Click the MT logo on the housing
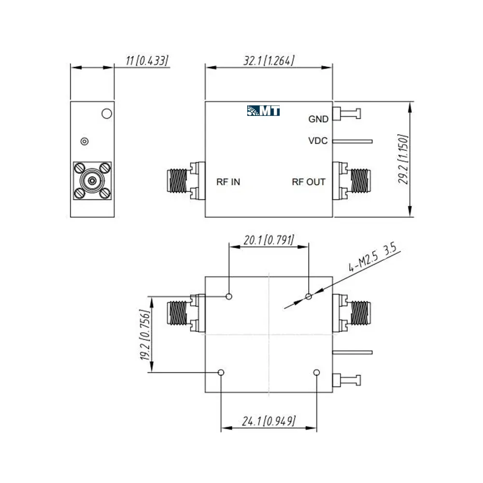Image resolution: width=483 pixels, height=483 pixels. (x=263, y=111)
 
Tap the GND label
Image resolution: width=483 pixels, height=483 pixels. (x=318, y=119)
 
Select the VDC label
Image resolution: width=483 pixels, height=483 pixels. (x=318, y=141)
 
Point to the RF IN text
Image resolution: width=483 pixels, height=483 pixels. (x=228, y=182)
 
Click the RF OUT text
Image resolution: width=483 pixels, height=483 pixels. (x=309, y=182)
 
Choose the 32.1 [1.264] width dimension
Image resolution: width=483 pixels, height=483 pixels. (x=269, y=61)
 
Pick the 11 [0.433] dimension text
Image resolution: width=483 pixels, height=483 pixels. (x=147, y=61)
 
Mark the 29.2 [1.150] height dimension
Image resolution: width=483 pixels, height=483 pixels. (x=403, y=159)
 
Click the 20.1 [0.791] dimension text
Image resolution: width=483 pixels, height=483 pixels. (x=269, y=240)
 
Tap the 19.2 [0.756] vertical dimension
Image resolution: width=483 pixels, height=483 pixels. (x=145, y=335)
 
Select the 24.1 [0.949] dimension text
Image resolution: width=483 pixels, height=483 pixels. (x=269, y=421)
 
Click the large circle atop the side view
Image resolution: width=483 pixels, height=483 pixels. (x=107, y=114)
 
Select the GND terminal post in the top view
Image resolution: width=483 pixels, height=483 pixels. (x=346, y=114)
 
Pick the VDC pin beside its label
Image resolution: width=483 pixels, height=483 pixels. (x=353, y=142)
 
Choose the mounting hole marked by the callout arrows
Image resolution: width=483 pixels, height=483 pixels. (x=308, y=297)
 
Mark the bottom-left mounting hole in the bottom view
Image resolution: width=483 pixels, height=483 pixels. (x=221, y=372)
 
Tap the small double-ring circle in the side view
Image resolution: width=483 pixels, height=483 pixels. (x=85, y=142)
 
